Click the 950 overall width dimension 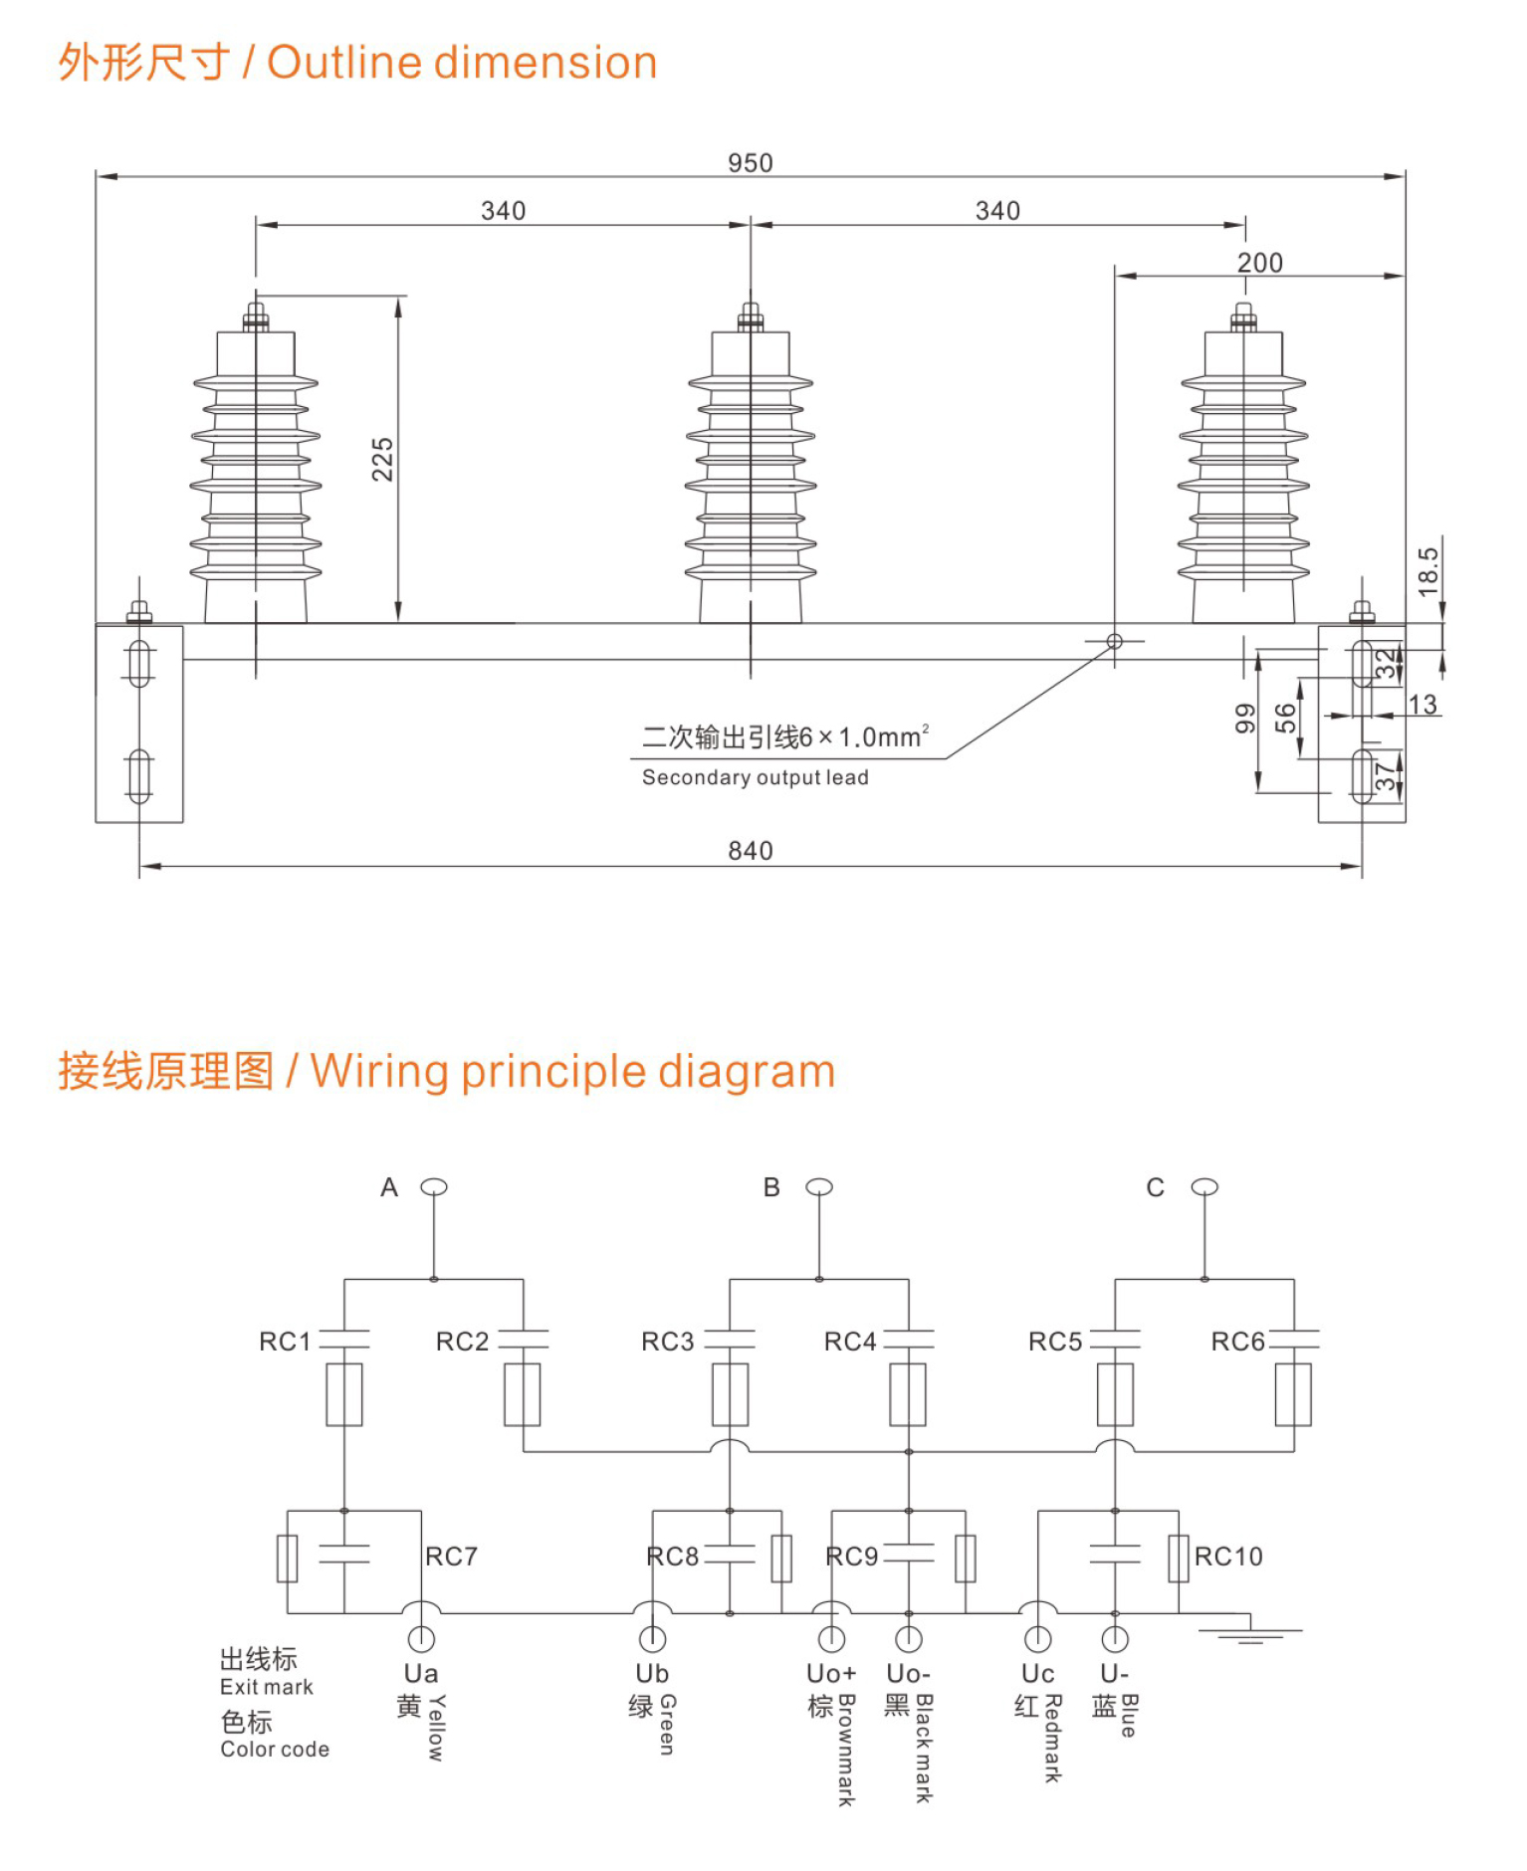point(750,162)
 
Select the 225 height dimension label point(383,459)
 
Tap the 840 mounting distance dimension point(750,851)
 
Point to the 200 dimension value point(1259,263)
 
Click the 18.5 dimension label point(1428,571)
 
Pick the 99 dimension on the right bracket point(1245,718)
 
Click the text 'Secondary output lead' point(755,777)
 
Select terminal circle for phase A point(434,1186)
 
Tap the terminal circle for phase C point(1204,1186)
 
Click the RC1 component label point(285,1342)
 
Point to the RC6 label point(1237,1342)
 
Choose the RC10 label point(1228,1557)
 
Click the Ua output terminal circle point(421,1638)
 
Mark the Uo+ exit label point(831,1674)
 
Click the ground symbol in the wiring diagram point(1250,1632)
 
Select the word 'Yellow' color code point(436,1728)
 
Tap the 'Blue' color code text point(1129,1715)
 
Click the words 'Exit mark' point(266,1687)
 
